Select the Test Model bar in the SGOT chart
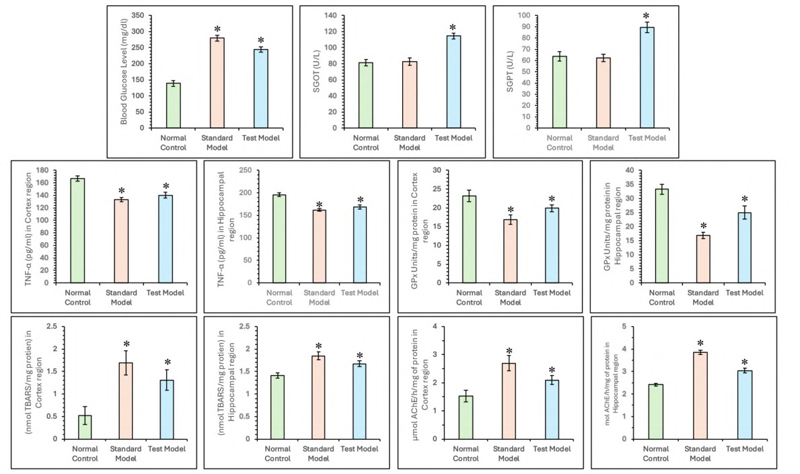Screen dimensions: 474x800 pos(453,81)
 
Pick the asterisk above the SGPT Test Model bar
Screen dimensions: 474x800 pos(646,17)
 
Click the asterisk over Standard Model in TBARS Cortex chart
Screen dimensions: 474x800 pos(126,345)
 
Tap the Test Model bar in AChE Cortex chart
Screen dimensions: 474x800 pos(551,409)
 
